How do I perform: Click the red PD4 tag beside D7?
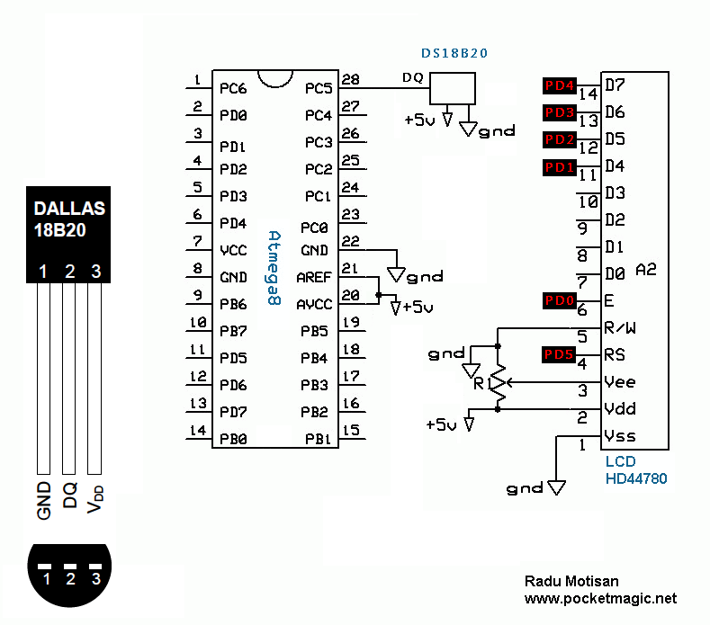[x=559, y=85]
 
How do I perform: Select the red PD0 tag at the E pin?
[x=559, y=300]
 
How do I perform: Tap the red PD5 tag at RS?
[x=558, y=354]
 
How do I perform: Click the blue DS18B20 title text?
[x=454, y=53]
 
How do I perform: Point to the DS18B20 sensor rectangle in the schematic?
[x=453, y=88]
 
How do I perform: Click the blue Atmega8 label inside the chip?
[x=274, y=268]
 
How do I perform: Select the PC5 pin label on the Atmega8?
[x=319, y=88]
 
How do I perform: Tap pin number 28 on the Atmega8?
[x=350, y=79]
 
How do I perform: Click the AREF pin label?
[x=314, y=277]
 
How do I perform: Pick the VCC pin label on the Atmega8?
[x=233, y=250]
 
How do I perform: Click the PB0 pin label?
[x=233, y=439]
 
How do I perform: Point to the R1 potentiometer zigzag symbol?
[x=498, y=382]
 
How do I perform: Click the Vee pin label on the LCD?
[x=620, y=382]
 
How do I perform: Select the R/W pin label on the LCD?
[x=620, y=327]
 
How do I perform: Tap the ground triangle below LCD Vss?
[x=556, y=487]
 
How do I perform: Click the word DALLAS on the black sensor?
[x=69, y=208]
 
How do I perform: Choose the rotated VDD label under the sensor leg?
[x=95, y=499]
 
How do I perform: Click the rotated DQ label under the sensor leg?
[x=69, y=496]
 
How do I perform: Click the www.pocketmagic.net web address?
[x=600, y=598]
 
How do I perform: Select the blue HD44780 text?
[x=636, y=478]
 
